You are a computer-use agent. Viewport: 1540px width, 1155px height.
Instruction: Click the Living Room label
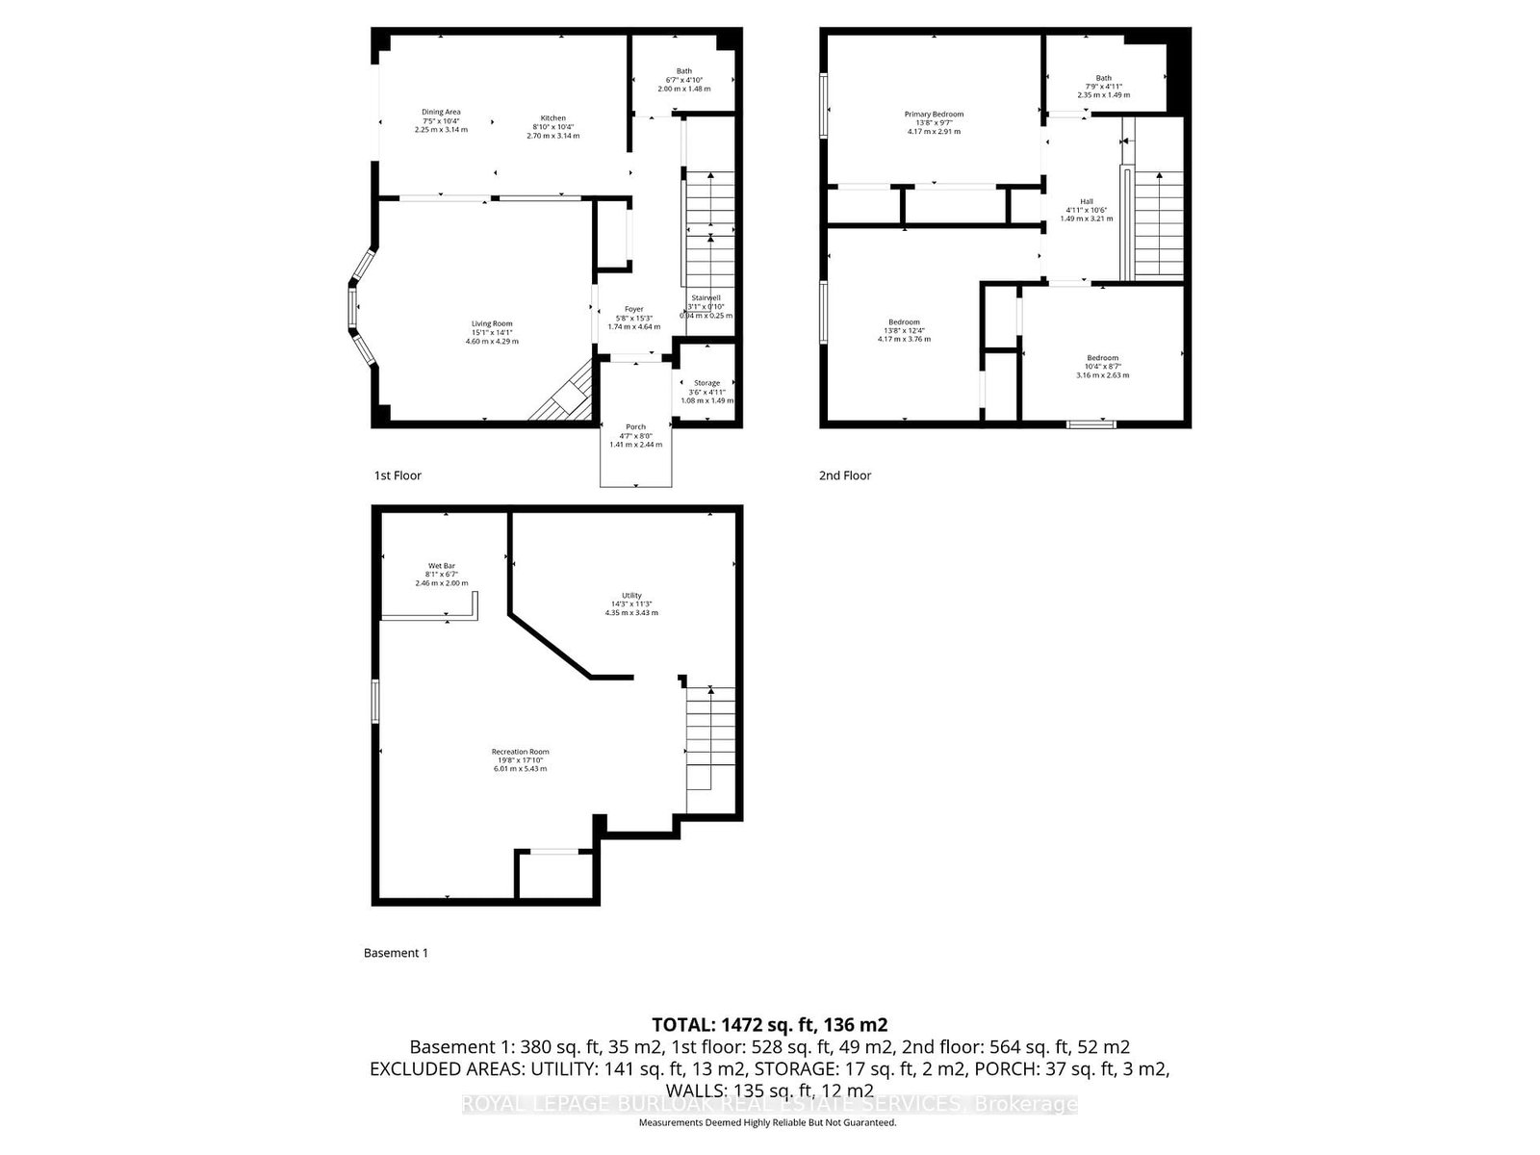pyautogui.click(x=492, y=323)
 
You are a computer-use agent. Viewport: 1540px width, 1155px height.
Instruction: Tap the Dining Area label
pyautogui.click(x=441, y=112)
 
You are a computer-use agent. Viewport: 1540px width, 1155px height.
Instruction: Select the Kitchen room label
pyautogui.click(x=552, y=118)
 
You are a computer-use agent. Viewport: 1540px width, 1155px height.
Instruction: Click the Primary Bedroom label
pyautogui.click(x=934, y=115)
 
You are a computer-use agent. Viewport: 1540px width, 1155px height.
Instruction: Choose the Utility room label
pyautogui.click(x=631, y=596)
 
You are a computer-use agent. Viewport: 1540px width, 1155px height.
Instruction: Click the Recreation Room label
pyautogui.click(x=520, y=752)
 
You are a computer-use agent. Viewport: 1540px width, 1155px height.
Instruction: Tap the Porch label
pyautogui.click(x=635, y=426)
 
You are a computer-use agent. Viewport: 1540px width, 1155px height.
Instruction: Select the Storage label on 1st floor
pyautogui.click(x=706, y=383)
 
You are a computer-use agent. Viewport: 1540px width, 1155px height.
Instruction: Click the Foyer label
pyautogui.click(x=633, y=310)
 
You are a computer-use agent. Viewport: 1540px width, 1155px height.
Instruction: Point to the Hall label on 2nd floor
pyautogui.click(x=1086, y=201)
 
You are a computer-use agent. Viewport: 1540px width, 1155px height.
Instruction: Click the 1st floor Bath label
pyautogui.click(x=683, y=71)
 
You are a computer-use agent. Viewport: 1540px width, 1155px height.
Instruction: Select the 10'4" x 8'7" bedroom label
pyautogui.click(x=1102, y=358)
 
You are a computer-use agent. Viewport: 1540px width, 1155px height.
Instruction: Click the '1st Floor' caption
pyautogui.click(x=398, y=475)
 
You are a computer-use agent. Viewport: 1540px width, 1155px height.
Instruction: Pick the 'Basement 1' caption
pyautogui.click(x=396, y=953)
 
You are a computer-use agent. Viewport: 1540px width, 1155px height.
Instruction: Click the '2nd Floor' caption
pyautogui.click(x=845, y=475)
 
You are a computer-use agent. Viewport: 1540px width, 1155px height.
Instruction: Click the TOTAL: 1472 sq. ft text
pyautogui.click(x=769, y=1024)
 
